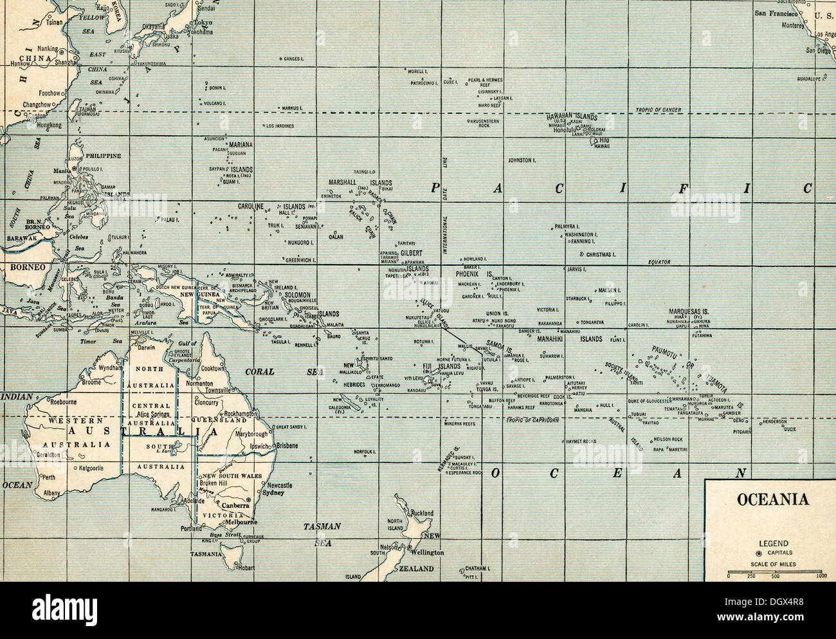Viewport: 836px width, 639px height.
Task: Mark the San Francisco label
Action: (x=776, y=13)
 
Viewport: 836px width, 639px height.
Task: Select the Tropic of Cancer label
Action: (x=658, y=110)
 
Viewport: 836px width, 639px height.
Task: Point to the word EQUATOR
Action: (x=659, y=262)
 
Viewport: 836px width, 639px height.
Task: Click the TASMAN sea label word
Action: (x=322, y=526)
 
